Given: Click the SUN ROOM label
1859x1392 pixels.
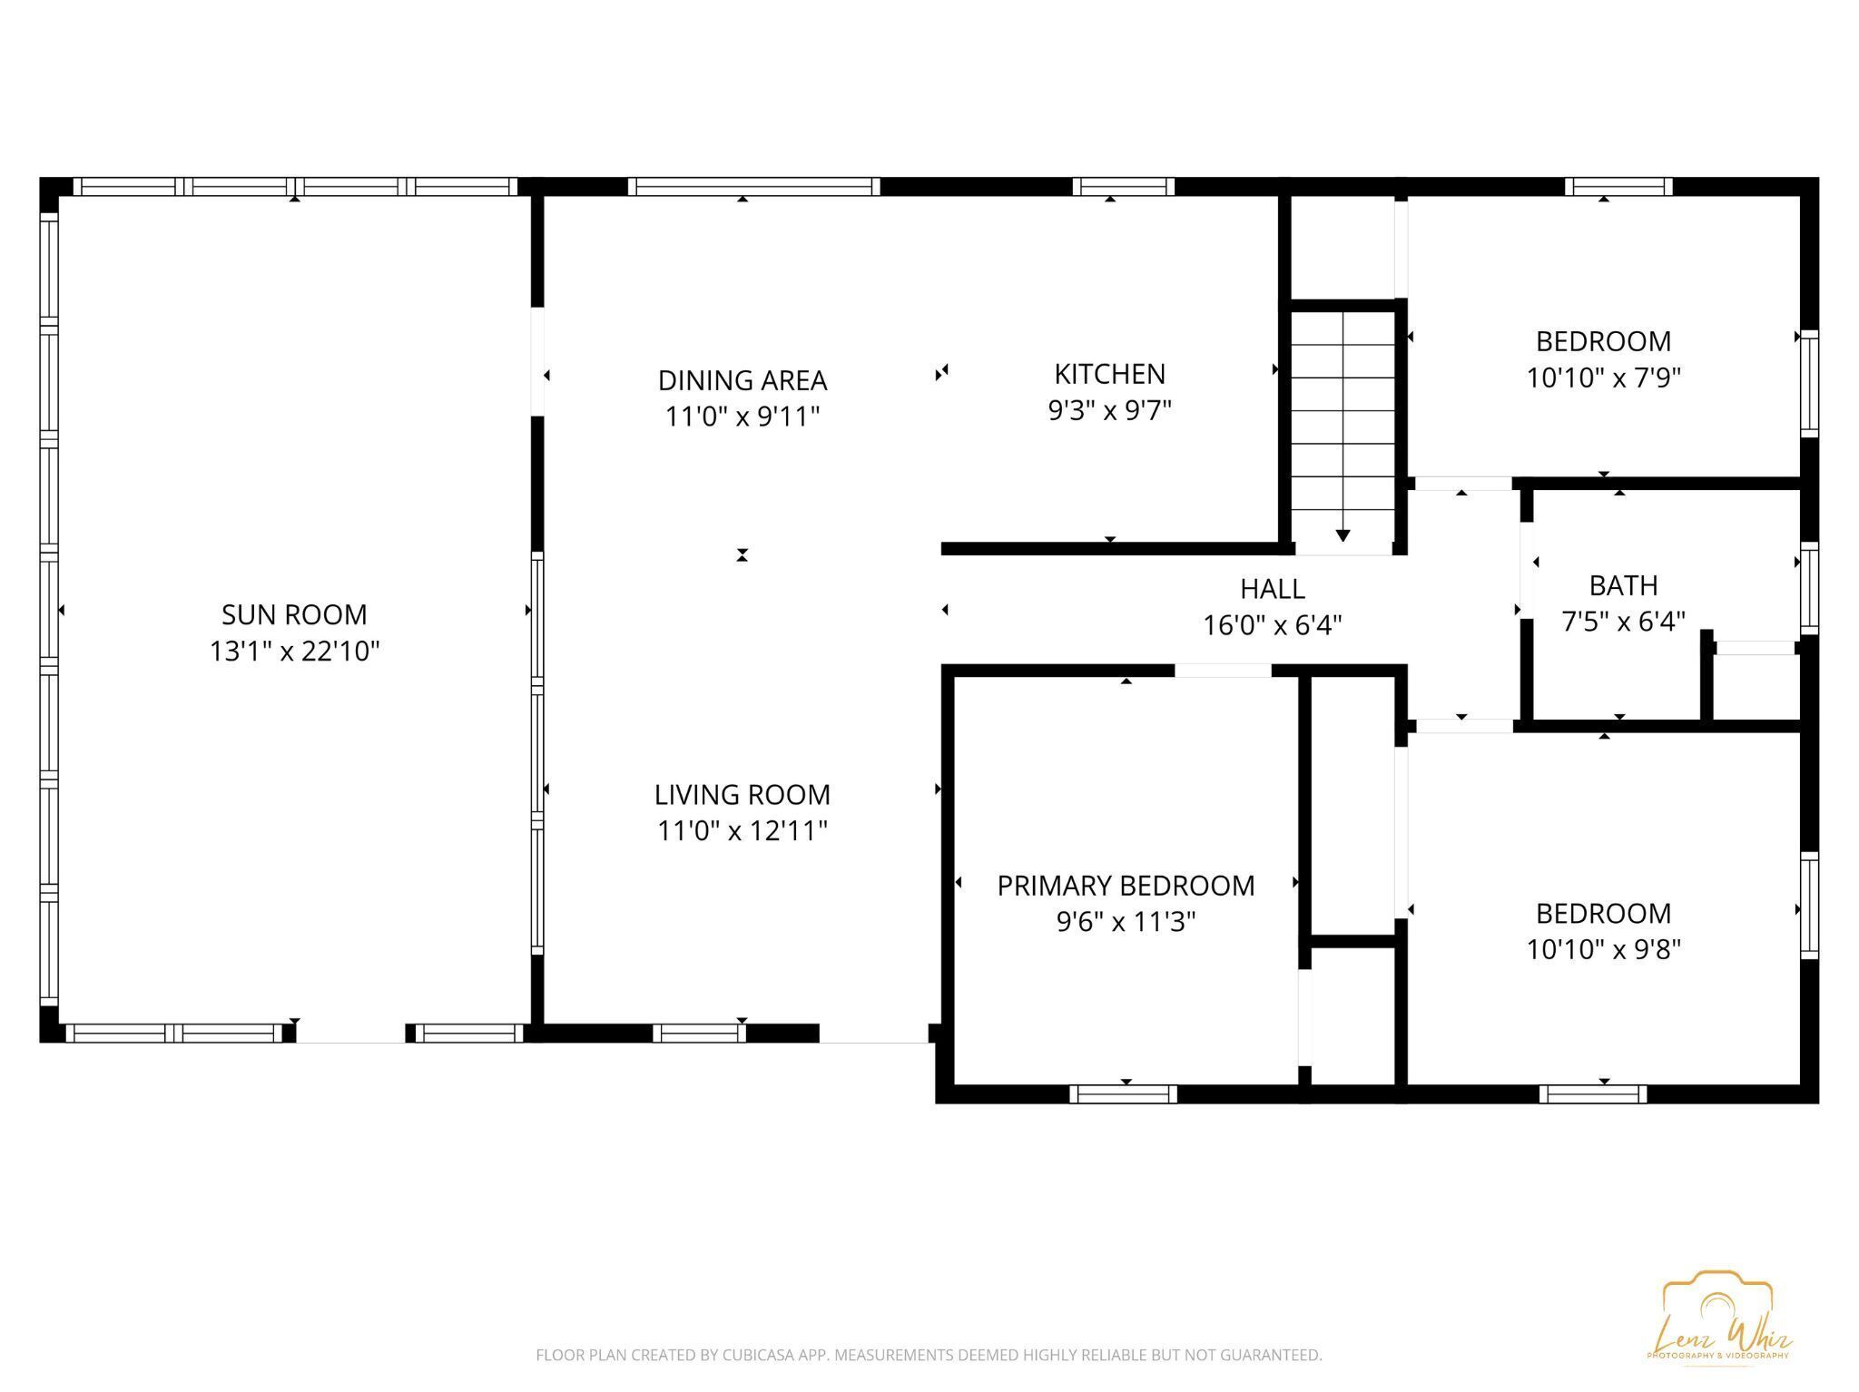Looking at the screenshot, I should (294, 614).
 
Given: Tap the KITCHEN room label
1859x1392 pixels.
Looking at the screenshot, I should (1109, 374).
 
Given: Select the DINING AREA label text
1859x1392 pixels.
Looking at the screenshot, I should (742, 380).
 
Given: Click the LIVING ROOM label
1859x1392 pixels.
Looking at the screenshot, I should (742, 795).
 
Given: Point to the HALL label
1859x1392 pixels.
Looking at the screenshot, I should (1272, 589).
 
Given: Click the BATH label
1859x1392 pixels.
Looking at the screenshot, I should (1623, 585).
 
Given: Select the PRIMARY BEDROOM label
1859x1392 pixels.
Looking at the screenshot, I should (1126, 886).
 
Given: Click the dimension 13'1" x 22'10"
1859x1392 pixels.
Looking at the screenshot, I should (294, 652).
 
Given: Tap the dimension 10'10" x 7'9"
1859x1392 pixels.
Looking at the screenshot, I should (1603, 377).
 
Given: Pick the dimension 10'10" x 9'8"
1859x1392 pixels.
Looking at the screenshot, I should (1603, 950).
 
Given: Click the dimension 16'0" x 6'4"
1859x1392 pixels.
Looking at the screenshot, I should (1272, 625).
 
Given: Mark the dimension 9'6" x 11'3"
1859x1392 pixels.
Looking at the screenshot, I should (1126, 922).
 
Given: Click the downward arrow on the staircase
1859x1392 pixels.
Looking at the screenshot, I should (1343, 535).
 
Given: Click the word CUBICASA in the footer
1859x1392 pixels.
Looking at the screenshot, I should (756, 1356).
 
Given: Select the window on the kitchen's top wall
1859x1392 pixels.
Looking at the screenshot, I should (1123, 187).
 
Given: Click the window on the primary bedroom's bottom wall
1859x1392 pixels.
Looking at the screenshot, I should (1123, 1094).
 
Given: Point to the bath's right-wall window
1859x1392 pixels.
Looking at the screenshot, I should (1809, 587).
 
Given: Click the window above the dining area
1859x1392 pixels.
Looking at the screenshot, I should (753, 187).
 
